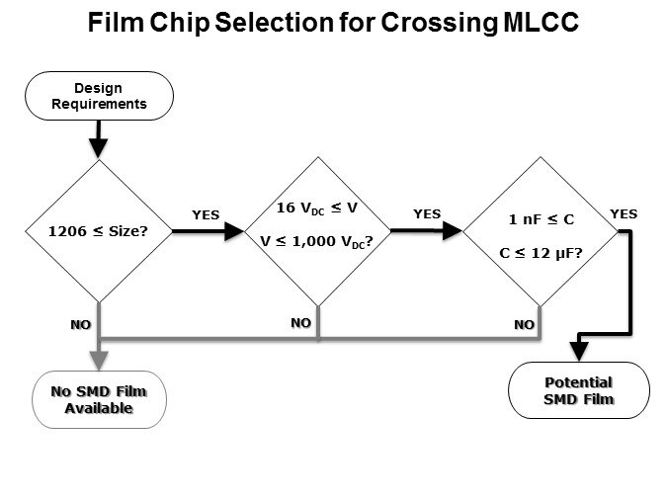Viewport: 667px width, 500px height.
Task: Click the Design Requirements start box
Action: pos(98,95)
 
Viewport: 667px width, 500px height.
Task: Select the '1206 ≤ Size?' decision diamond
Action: pos(98,231)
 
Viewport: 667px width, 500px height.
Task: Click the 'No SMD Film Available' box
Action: pos(98,399)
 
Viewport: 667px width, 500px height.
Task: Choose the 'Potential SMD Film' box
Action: pos(578,390)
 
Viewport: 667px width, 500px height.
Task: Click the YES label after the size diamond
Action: pos(206,214)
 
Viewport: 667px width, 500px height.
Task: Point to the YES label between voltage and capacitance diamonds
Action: pos(427,213)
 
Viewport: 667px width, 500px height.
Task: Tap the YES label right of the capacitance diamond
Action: pos(624,213)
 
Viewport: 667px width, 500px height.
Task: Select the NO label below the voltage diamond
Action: pos(301,322)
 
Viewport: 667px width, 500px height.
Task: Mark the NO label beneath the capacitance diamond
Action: pos(525,323)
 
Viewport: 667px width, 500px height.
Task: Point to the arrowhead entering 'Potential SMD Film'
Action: pos(578,351)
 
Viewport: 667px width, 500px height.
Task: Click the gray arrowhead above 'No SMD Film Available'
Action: pos(98,360)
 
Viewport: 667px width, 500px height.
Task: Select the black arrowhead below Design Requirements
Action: pos(98,147)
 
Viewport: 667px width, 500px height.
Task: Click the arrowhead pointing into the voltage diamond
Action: pos(234,231)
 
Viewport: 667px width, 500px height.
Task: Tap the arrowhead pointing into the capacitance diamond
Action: pos(454,231)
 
